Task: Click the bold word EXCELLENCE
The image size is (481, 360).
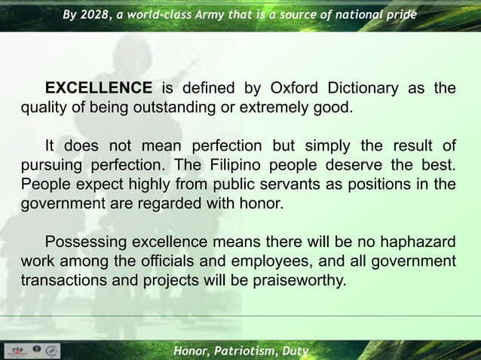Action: (x=98, y=89)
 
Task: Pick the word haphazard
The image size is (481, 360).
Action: (x=414, y=243)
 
